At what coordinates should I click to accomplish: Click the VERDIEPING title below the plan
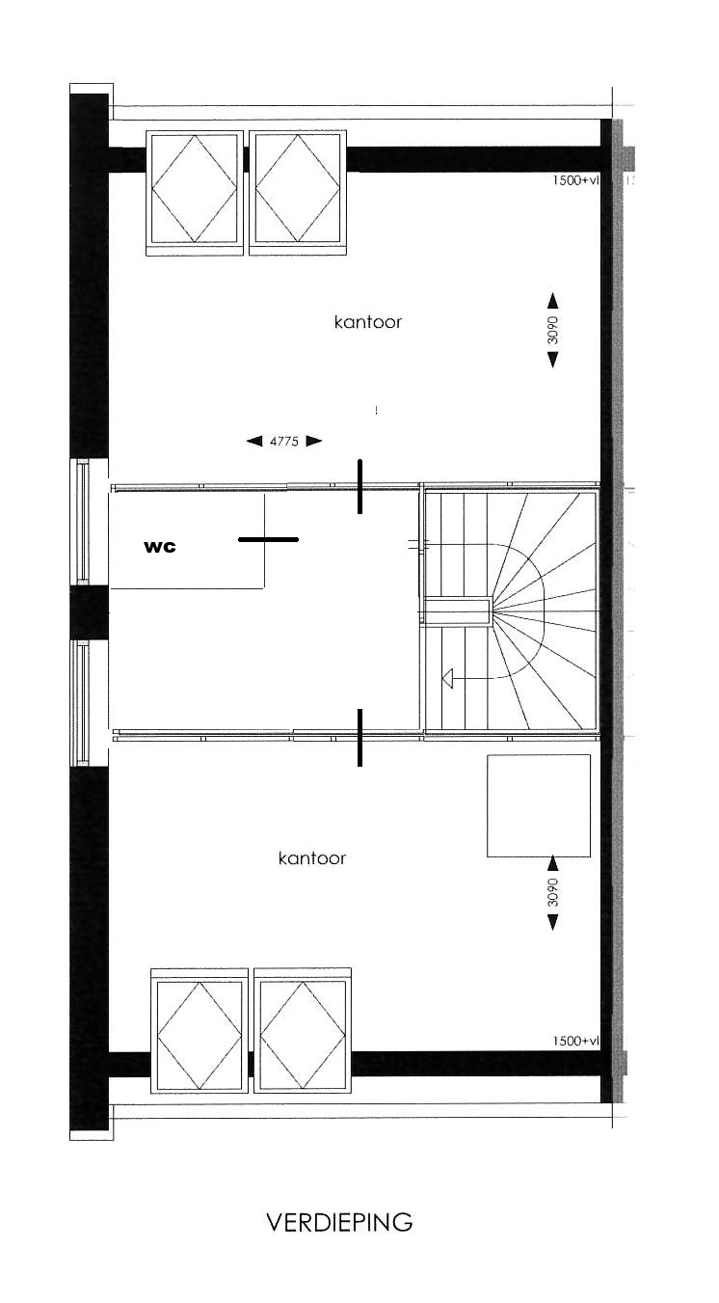tap(339, 1222)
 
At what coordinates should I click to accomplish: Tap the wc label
tap(160, 547)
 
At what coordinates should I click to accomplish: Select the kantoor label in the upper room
tap(368, 322)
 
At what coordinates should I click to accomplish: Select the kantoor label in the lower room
tap(312, 858)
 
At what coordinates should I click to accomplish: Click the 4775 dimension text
tap(284, 442)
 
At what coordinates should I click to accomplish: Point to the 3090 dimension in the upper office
tap(553, 330)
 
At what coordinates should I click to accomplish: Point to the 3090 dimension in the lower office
tap(553, 892)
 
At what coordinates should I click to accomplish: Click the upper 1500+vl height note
tap(575, 180)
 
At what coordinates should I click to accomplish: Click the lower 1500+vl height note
tap(575, 1041)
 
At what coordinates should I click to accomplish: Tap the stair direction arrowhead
tap(447, 678)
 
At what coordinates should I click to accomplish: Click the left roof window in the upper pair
tap(194, 193)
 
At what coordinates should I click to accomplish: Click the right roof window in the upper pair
tap(298, 193)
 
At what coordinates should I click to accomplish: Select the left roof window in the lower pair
tap(200, 1031)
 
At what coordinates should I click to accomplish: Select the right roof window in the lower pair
tap(303, 1031)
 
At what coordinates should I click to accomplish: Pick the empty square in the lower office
tap(539, 805)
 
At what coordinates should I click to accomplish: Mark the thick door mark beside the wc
tap(269, 539)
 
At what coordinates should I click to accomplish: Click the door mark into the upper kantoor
tap(359, 486)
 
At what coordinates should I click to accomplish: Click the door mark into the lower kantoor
tap(359, 738)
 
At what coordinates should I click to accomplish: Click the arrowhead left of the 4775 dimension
tap(254, 441)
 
